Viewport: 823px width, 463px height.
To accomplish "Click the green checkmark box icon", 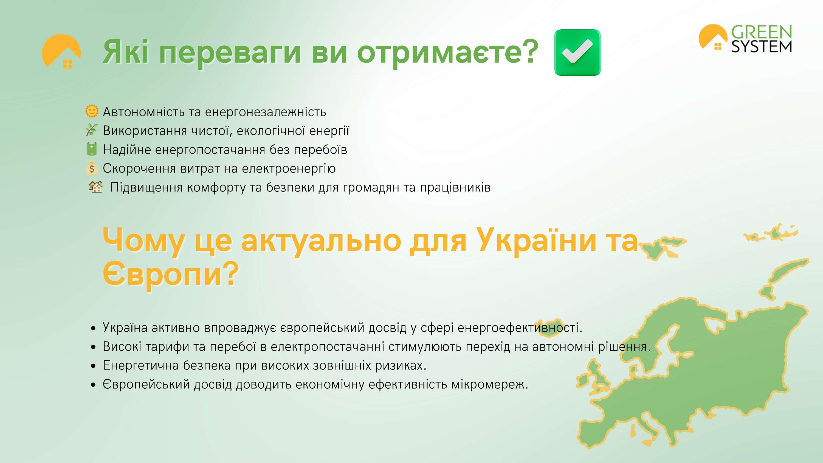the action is pos(577,52).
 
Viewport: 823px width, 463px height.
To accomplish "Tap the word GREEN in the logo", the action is pos(762,32).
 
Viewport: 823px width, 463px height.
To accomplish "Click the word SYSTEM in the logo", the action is pos(762,47).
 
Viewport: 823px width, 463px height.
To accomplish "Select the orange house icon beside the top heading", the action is pos(61,51).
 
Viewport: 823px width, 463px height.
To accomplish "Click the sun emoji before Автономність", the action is pos(92,111).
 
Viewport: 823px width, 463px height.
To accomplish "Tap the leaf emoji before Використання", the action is pos(92,130).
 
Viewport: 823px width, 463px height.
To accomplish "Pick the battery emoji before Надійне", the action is pos(92,149).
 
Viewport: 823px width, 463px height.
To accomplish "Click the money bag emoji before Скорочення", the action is pos(92,168).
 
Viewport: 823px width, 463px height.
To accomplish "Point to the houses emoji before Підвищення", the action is pos(95,187).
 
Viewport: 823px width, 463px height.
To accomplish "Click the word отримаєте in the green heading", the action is pos(448,52).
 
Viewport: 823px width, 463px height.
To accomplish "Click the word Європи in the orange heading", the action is pos(171,273).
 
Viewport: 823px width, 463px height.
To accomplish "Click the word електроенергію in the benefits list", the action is pos(289,168).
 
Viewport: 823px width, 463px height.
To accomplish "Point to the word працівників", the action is pos(455,188).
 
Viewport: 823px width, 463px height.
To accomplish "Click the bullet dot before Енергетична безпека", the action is pos(93,366).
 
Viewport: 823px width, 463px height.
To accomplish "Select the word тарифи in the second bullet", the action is pos(167,347).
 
